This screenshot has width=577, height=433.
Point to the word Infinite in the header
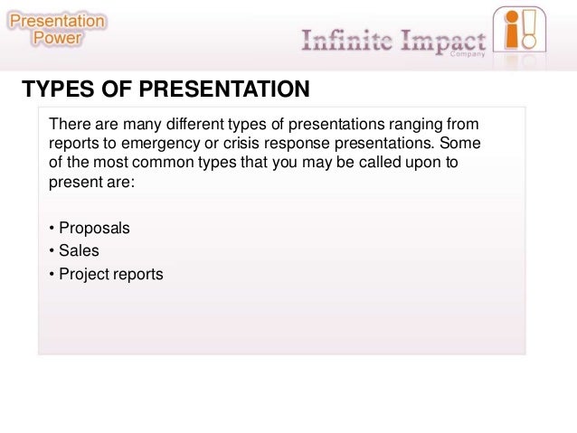pyautogui.click(x=345, y=42)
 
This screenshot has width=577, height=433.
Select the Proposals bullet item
pyautogui.click(x=93, y=228)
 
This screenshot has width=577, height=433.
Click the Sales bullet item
pyautogui.click(x=79, y=250)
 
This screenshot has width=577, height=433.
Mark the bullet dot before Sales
pyautogui.click(x=52, y=250)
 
